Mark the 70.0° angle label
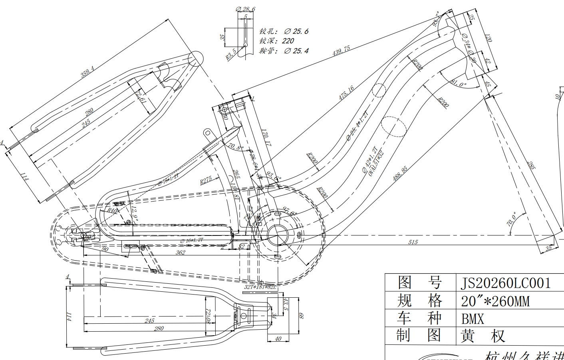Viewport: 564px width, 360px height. click(512, 220)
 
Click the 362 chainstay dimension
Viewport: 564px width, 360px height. click(181, 253)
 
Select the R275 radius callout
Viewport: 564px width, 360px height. click(206, 180)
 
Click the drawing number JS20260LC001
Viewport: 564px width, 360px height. click(506, 283)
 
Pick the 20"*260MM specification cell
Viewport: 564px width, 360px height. click(495, 301)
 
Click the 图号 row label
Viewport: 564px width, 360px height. click(419, 283)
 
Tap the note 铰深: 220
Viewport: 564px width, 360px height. click(277, 41)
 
